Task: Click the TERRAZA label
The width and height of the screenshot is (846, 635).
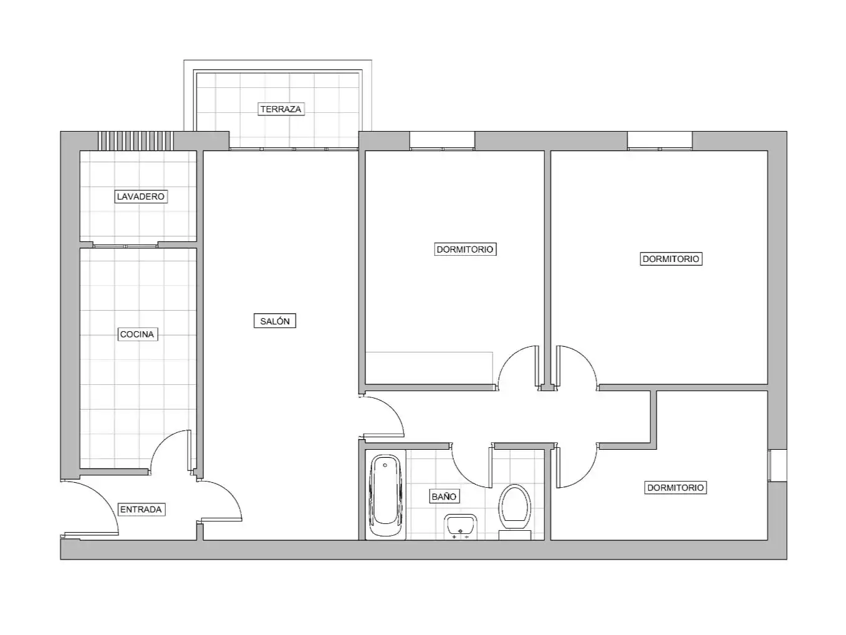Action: point(281,109)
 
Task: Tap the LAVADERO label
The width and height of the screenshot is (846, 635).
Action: point(141,196)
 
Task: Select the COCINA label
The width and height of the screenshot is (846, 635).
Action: point(137,334)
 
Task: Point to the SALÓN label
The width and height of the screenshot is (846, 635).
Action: point(275,321)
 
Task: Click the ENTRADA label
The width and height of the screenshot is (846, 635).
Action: point(141,510)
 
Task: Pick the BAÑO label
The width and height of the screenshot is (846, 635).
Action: point(444,497)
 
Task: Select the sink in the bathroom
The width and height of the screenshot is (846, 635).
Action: point(461,526)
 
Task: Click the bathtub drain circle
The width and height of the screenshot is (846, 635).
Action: point(385,465)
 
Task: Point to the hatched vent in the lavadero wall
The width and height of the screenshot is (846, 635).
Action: point(135,141)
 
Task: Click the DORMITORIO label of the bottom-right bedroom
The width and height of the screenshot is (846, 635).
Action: point(675,488)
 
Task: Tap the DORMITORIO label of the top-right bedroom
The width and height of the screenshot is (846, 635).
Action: point(671,259)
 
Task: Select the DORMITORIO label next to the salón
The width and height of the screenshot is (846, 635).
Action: point(465,250)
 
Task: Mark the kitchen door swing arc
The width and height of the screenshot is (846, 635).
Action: point(162,444)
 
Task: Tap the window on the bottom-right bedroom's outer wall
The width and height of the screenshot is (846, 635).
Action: point(777,465)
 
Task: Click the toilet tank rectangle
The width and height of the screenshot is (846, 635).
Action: point(515,535)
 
